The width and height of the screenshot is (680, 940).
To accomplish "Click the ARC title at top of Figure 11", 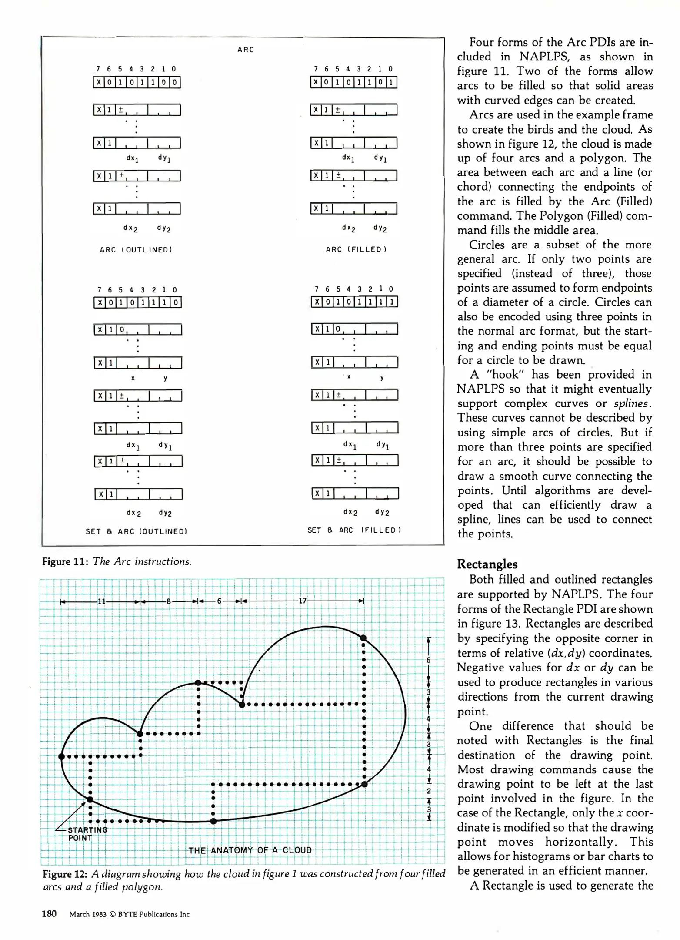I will [x=246, y=50].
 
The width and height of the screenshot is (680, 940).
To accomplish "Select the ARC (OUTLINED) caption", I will [x=136, y=250].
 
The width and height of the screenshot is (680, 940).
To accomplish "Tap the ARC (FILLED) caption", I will [x=356, y=249].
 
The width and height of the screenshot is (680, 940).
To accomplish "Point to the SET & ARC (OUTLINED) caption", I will [x=136, y=531].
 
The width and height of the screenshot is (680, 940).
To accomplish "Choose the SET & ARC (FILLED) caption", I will [x=354, y=530].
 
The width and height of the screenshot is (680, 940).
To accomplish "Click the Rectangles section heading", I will [x=487, y=564].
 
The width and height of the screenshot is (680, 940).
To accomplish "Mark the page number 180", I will [x=49, y=914].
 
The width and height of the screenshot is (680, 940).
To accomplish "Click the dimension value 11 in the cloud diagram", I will [x=101, y=601].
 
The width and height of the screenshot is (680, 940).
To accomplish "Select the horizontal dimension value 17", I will [x=302, y=601].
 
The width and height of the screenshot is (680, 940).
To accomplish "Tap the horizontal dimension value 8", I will [x=169, y=601].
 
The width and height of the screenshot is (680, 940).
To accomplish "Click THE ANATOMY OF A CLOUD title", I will [x=250, y=850].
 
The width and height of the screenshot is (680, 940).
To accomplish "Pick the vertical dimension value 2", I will [x=429, y=791].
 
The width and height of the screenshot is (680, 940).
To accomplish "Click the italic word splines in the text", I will [x=632, y=403].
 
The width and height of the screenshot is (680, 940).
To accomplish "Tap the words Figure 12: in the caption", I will [x=66, y=874].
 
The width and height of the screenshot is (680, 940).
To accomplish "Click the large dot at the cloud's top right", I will [x=363, y=638].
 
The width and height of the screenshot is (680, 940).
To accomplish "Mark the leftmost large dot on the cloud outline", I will [x=62, y=756].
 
